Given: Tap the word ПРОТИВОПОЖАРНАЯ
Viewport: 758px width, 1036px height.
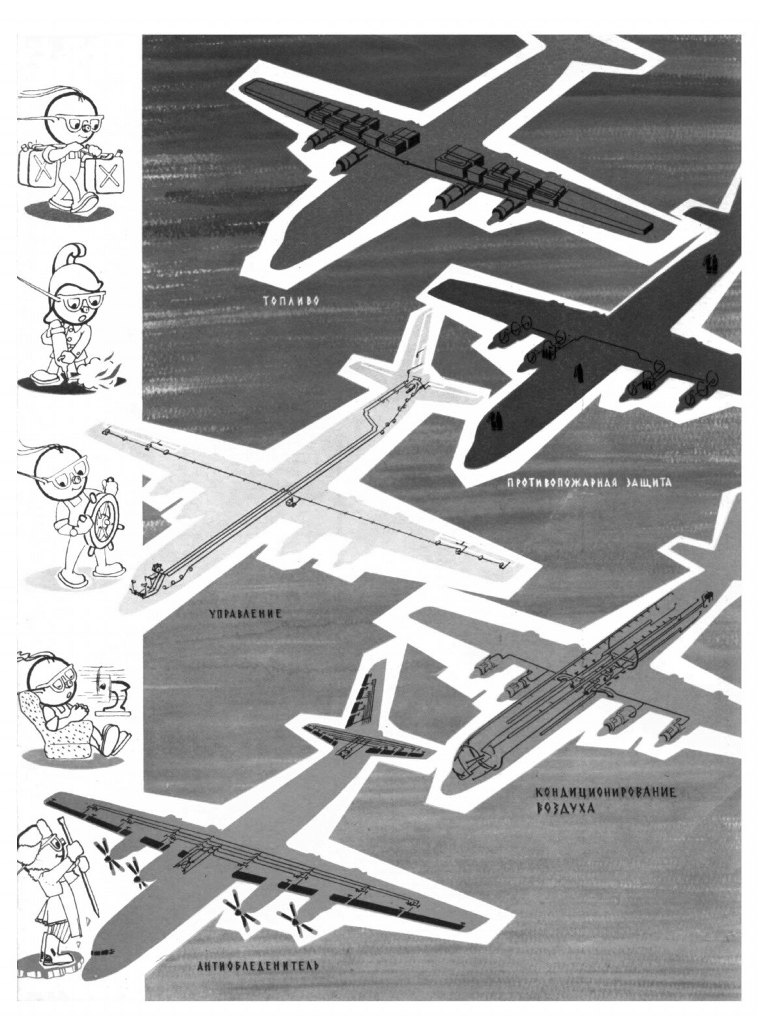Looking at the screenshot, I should point(560,484).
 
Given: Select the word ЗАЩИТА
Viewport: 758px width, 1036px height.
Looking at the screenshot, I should point(644,484).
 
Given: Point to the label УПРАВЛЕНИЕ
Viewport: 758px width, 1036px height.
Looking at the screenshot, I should point(245,613).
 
